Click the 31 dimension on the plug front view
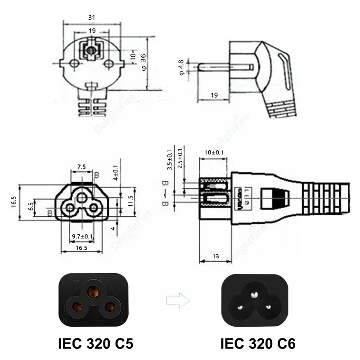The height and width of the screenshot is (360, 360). click(91, 17)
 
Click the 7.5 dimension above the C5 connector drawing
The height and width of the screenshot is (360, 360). click(81, 167)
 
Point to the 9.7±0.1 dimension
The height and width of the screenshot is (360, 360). click(82, 236)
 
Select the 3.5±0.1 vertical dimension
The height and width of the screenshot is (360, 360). click(169, 160)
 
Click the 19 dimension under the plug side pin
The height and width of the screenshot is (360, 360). click(214, 95)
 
